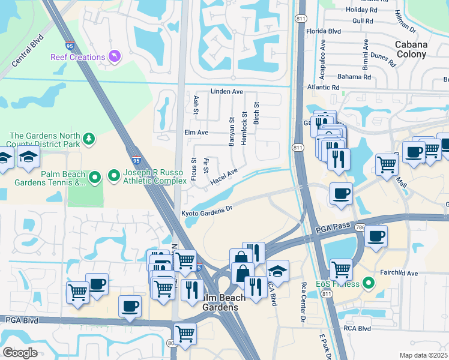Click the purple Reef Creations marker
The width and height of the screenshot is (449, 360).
coord(114,56)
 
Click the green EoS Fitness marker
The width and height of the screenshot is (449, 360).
coord(369,284)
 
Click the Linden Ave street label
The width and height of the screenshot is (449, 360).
coord(226,92)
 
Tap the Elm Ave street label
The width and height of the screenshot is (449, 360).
coord(196,132)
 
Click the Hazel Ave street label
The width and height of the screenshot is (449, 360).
coord(224,176)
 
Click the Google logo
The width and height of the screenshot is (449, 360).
coord(20,352)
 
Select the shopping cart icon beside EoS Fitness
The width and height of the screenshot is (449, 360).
coord(341,269)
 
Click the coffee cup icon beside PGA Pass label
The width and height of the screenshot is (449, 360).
coord(376,236)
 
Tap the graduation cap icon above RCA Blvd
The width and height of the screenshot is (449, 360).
coord(277,271)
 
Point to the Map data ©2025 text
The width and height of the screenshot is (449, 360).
coord(423,355)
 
